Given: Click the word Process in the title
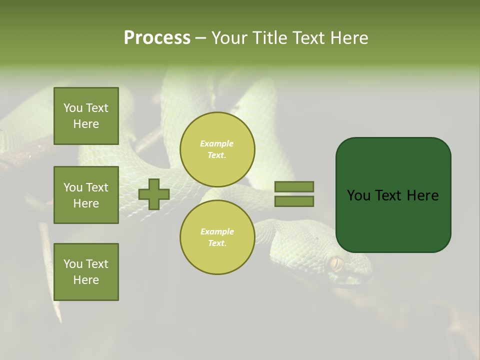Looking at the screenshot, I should tap(157, 38).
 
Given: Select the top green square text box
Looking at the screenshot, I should tap(86, 116).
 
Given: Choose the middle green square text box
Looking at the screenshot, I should tap(86, 195).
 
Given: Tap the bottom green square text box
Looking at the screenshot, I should tap(86, 272).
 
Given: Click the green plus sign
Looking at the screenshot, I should tap(154, 194).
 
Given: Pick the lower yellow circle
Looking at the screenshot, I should tap(217, 237).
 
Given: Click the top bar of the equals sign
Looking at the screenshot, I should tap(294, 186).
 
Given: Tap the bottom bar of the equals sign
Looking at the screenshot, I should tap(294, 201).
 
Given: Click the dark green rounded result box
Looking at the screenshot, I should tap(393, 194).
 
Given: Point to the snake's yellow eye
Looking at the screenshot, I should tap(336, 263).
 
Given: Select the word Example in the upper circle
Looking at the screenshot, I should tap(216, 143).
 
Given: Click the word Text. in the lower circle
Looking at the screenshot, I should tap(217, 243).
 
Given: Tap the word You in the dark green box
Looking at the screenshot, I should tap(359, 195).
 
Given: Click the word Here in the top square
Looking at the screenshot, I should tap(86, 124).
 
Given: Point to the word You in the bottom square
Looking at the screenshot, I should tap(73, 264).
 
